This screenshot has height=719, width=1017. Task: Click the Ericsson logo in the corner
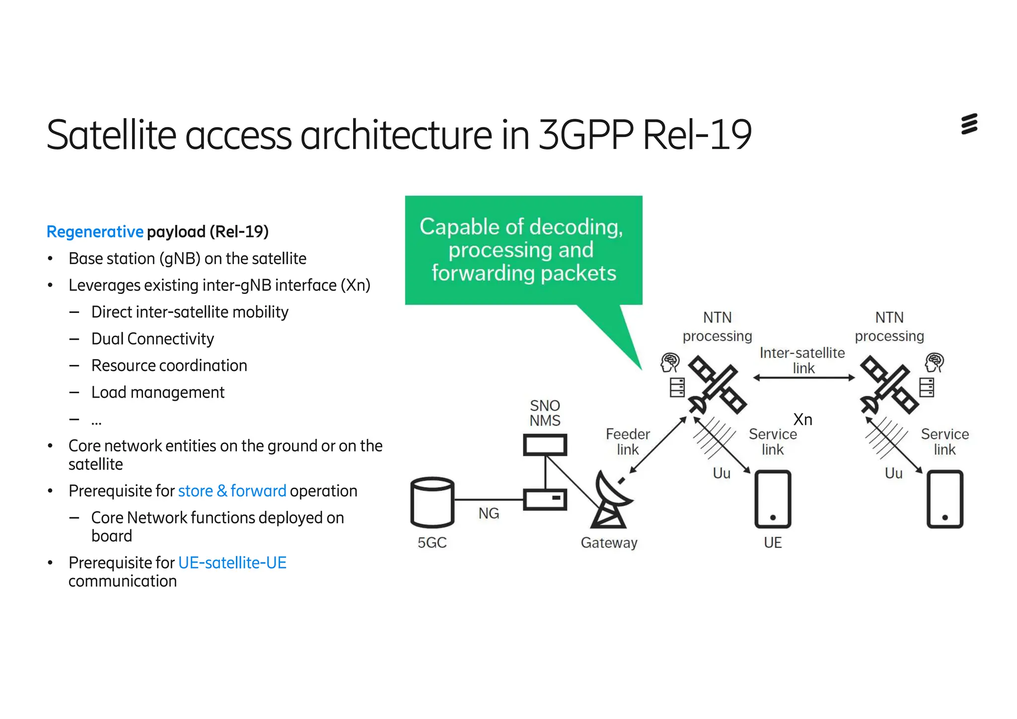coord(969,124)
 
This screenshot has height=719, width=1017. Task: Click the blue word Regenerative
coord(95,232)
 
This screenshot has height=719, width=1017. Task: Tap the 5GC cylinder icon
coord(432,502)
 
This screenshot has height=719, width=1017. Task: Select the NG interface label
coord(489,513)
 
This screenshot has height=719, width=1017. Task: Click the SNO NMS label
coord(545,413)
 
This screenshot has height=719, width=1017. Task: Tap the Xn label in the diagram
coord(802,420)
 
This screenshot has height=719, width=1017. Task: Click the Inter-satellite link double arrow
coord(803,378)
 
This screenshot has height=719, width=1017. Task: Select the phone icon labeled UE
coord(773,500)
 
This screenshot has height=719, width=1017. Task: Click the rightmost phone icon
coord(944,500)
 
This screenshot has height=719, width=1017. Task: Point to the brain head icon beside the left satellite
coord(670,362)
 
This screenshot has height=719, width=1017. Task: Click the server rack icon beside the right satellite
coord(927,387)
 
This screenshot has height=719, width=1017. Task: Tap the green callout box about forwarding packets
coord(523,250)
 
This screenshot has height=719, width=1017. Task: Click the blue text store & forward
coord(232,491)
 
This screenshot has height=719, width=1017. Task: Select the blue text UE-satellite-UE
coord(232,563)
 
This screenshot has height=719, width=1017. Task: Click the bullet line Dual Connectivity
coord(152,339)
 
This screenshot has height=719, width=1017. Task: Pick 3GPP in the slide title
coord(586,135)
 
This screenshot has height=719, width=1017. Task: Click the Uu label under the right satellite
coord(893,473)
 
